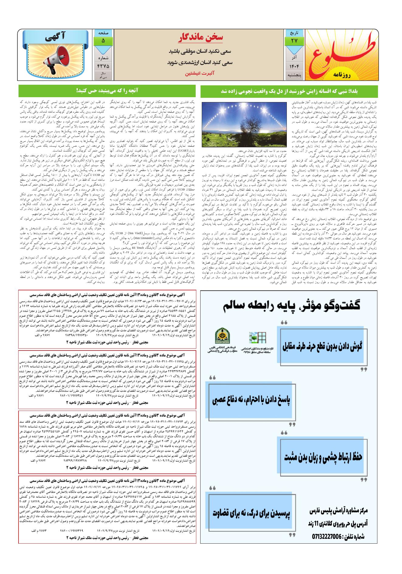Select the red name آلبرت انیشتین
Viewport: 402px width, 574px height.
pyautogui.click(x=200, y=74)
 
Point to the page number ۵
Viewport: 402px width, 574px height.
pyautogui.click(x=103, y=41)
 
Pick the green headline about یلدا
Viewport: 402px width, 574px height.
pyautogui.click(x=289, y=91)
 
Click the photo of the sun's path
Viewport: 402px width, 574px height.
pyautogui.click(x=244, y=124)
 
